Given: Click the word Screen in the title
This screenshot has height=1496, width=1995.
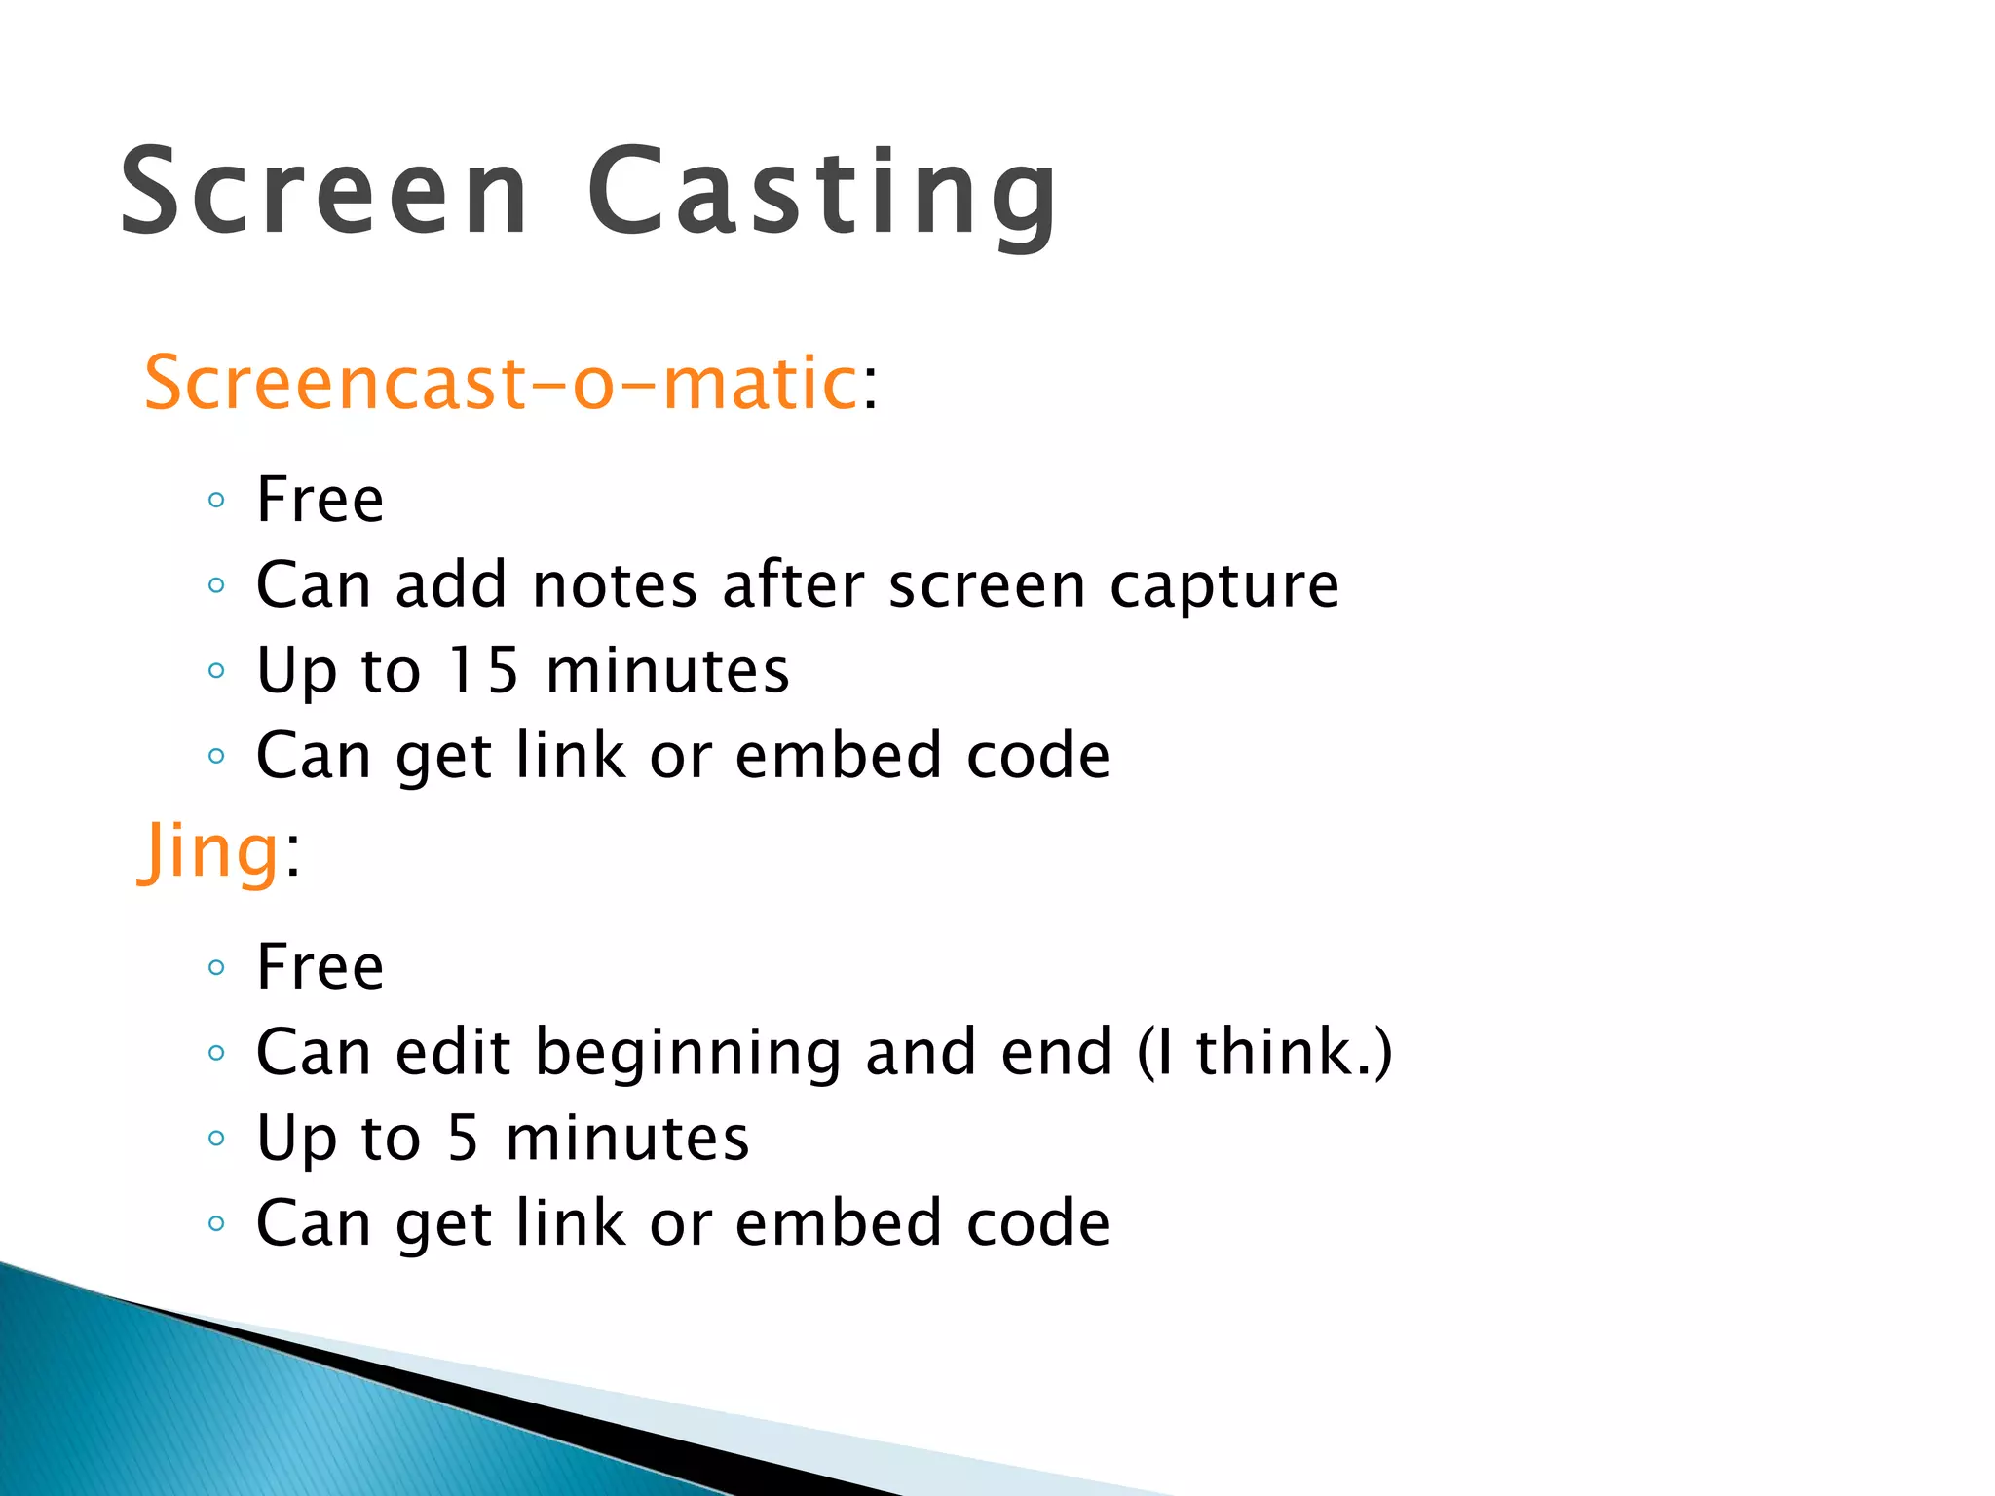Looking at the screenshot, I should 324,191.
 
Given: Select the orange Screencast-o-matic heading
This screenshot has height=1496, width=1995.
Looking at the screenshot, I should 500,383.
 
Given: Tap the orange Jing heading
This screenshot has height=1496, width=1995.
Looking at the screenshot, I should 210,850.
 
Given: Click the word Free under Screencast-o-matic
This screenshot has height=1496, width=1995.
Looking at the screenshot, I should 320,500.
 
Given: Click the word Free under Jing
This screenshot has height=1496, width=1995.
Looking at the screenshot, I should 320,967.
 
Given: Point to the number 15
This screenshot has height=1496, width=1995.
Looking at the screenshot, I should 483,670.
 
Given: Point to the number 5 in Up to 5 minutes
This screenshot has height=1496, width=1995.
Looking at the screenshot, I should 464,1138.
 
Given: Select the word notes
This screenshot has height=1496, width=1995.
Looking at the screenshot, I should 616,585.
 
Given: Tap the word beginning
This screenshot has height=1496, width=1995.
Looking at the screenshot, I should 688,1053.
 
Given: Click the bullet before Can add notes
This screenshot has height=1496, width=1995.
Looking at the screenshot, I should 216,586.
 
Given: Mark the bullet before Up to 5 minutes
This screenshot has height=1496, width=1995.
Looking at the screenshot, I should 216,1139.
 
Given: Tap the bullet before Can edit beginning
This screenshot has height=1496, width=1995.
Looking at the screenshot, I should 216,1053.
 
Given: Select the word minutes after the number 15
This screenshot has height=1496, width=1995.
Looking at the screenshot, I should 667,670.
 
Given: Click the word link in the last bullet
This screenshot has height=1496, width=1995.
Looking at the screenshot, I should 570,1222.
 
